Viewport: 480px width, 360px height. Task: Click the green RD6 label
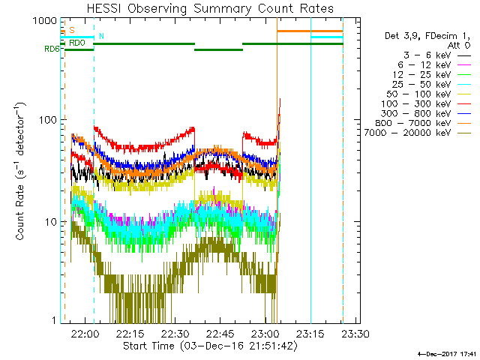tap(52, 49)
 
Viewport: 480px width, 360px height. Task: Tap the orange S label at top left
tap(72, 30)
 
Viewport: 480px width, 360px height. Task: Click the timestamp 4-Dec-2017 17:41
tap(448, 353)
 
